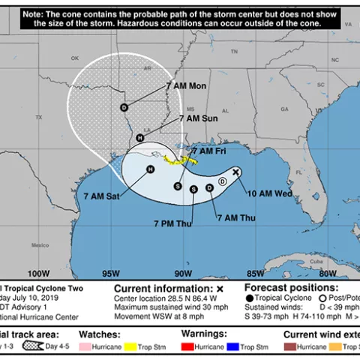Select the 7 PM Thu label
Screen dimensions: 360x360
pyautogui.click(x=172, y=223)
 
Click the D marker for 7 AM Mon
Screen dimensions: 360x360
pyautogui.click(x=124, y=107)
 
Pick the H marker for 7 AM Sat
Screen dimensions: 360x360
pyautogui.click(x=150, y=169)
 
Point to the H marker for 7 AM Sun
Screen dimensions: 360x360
pyautogui.click(x=140, y=138)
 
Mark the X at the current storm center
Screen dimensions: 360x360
pyautogui.click(x=235, y=172)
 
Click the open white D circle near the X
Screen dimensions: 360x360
pyautogui.click(x=223, y=181)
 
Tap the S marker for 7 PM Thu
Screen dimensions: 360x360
pyautogui.click(x=193, y=189)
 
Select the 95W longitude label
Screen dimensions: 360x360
pyautogui.click(x=110, y=272)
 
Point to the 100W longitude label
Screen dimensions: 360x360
pyautogui.click(x=37, y=272)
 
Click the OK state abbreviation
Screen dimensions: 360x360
pyautogui.click(x=74, y=58)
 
